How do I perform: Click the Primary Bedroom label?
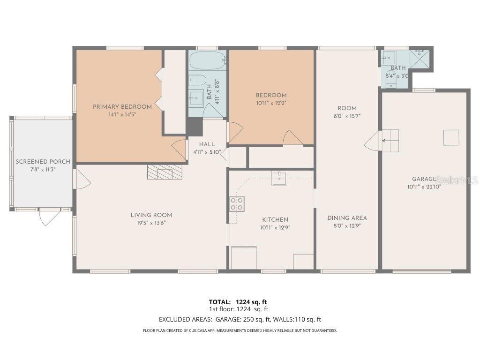122,107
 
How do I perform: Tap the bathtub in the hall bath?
208,60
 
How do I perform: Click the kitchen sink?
279,179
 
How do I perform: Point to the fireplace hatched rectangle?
165,172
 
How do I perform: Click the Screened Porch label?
43,162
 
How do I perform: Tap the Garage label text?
424,179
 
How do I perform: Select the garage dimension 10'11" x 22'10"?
424,187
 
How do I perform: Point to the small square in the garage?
451,137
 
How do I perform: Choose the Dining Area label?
347,218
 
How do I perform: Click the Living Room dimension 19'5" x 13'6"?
151,223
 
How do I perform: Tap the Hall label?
207,144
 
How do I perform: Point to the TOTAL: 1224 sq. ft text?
238,302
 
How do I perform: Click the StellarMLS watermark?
457,180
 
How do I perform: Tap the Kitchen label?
275,219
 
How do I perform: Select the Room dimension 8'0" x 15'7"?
347,116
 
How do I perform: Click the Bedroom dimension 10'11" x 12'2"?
271,103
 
